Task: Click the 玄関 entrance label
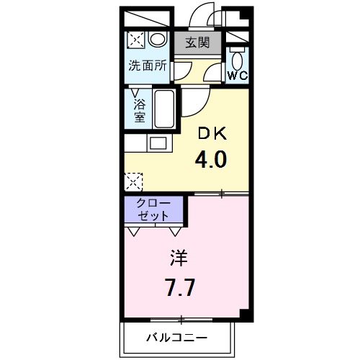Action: click(197, 42)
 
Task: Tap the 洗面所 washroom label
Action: click(147, 66)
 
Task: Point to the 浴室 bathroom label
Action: click(139, 109)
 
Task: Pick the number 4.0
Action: click(211, 158)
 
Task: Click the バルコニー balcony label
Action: click(178, 337)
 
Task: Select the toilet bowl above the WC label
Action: click(238, 56)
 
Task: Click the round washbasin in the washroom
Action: click(159, 39)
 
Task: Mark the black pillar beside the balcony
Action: click(246, 314)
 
